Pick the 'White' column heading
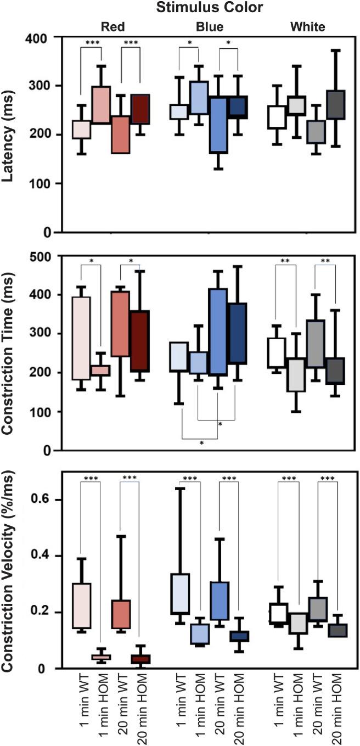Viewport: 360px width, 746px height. coord(308,26)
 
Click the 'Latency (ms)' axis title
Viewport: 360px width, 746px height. coord(12,135)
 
